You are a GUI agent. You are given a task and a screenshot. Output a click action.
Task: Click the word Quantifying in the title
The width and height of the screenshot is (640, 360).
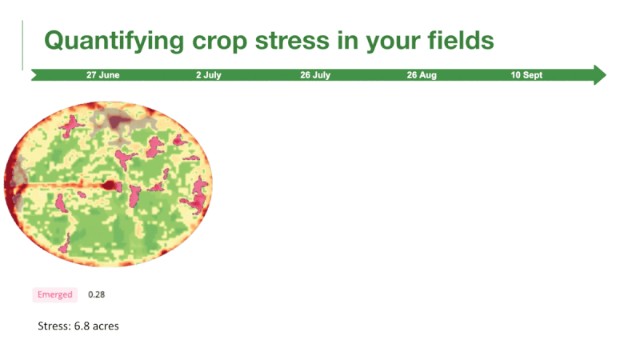click(114, 42)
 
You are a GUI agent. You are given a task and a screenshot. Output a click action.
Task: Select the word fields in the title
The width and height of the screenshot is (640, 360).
click(461, 40)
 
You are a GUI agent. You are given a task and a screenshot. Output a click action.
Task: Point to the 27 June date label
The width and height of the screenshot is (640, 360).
click(103, 75)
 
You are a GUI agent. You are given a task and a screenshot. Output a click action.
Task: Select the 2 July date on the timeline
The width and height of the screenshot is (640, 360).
click(209, 75)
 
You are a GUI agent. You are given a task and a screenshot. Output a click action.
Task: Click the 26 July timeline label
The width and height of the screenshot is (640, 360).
click(315, 75)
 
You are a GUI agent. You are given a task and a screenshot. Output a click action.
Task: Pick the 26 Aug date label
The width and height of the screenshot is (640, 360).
click(422, 75)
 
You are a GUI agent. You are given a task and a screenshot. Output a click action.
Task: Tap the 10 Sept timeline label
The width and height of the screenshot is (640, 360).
click(526, 75)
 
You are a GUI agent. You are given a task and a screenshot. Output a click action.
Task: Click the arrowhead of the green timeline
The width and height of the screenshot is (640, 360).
click(599, 74)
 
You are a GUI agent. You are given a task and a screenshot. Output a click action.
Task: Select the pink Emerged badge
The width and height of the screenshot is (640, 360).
click(55, 294)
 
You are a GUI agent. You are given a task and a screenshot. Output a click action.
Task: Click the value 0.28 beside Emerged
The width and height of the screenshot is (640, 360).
click(96, 294)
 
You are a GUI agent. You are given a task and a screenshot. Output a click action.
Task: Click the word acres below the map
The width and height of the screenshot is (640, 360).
click(106, 326)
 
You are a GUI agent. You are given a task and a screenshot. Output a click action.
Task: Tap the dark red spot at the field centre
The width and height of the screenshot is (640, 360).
click(109, 186)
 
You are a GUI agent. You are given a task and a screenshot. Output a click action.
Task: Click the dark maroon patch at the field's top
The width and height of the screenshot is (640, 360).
click(118, 122)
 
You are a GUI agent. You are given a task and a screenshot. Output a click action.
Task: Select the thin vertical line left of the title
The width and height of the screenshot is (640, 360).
click(22, 46)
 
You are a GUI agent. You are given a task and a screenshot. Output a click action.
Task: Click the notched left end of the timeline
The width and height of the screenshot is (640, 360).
click(34, 75)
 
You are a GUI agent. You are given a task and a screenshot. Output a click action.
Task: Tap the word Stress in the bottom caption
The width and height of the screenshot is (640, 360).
click(54, 326)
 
